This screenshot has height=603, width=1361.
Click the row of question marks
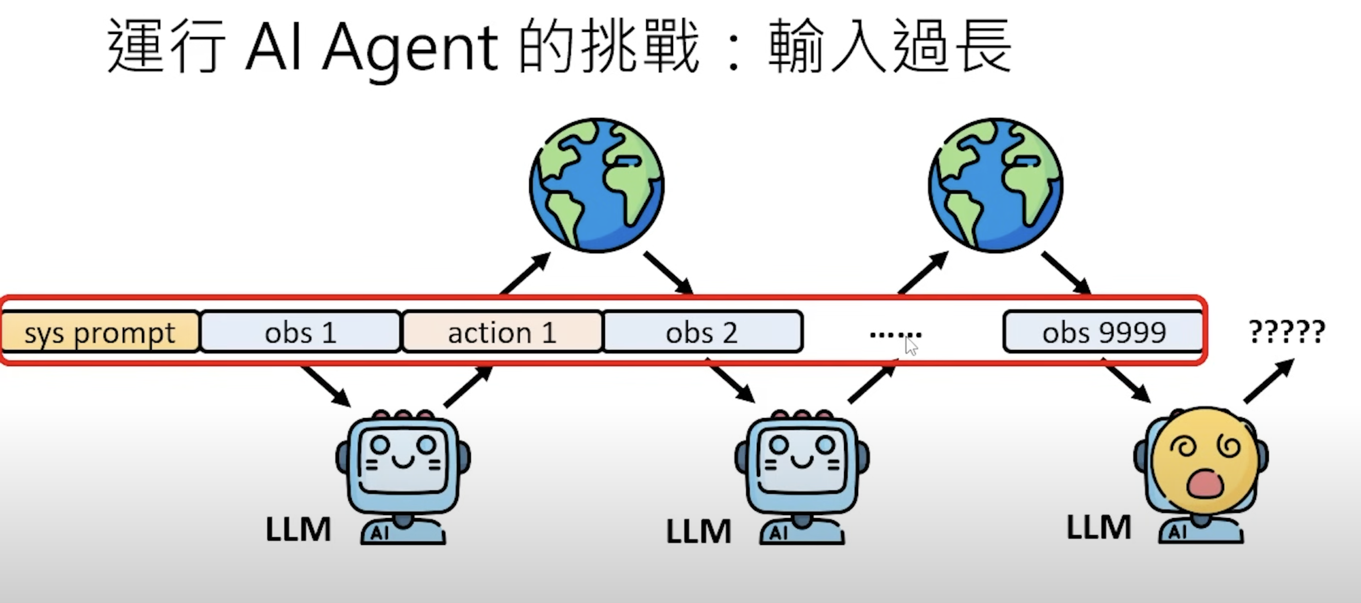click(x=1287, y=332)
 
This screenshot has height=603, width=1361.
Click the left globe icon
click(x=596, y=185)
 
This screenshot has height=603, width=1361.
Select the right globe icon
click(x=996, y=185)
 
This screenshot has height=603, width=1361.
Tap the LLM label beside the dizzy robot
click(x=1099, y=527)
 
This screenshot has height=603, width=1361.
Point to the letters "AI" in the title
click(x=273, y=47)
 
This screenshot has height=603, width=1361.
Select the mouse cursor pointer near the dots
click(x=911, y=346)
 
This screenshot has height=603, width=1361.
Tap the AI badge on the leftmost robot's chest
click(x=380, y=533)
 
